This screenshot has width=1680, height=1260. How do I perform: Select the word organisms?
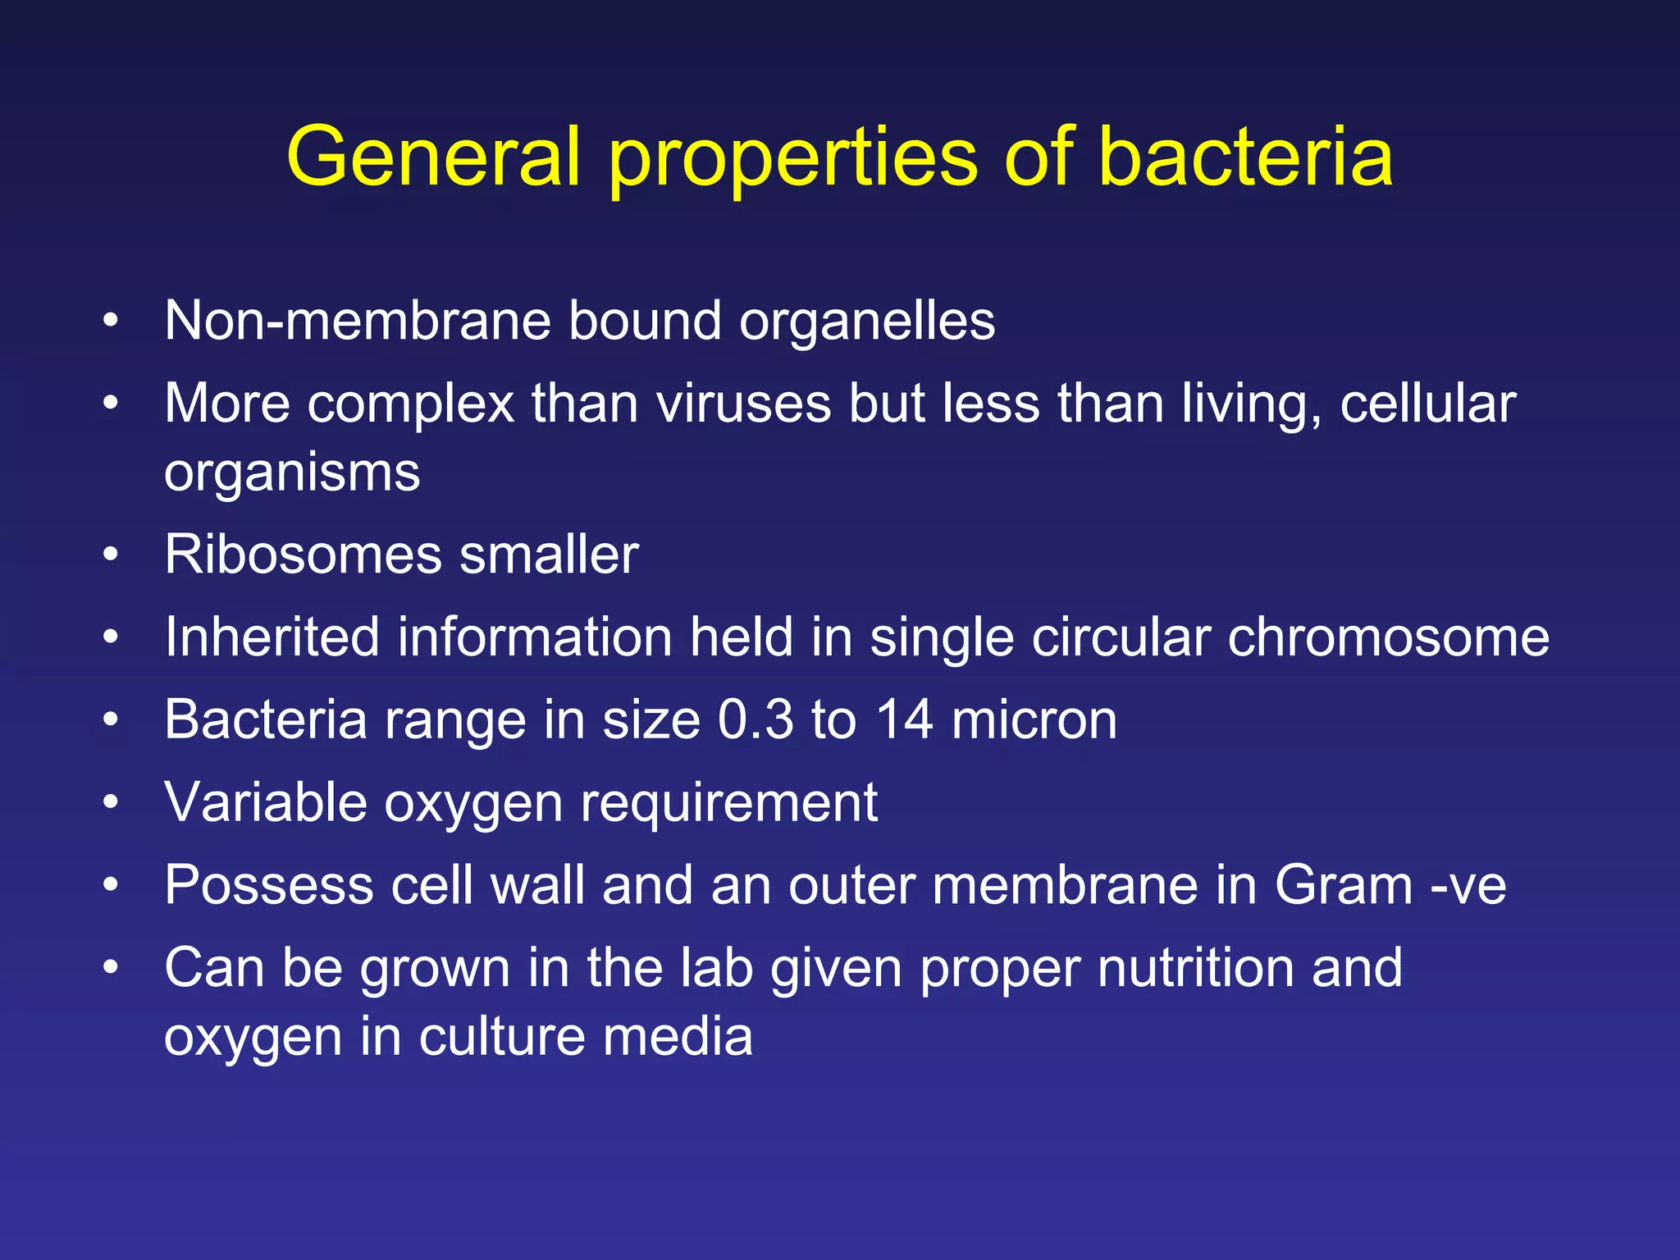(292, 474)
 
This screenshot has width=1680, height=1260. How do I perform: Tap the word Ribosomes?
(303, 555)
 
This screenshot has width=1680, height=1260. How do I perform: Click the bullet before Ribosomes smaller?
(112, 555)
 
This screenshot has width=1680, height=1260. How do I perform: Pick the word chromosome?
(1388, 637)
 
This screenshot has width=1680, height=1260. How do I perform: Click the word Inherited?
(272, 637)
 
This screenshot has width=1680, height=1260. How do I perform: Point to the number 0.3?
(756, 719)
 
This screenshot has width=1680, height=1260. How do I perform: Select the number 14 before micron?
(904, 719)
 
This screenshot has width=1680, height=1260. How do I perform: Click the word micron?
(1034, 719)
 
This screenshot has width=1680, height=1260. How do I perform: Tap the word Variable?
(266, 802)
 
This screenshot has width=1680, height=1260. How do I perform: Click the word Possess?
(269, 885)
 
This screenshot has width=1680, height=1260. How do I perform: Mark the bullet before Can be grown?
(112, 968)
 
